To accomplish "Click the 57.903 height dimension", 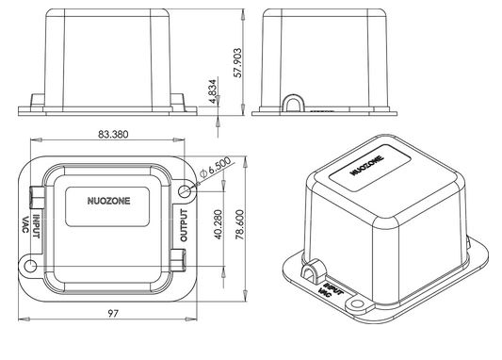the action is click(x=237, y=62).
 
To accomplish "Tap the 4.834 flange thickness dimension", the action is click(x=212, y=91).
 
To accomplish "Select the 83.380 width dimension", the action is click(x=113, y=134).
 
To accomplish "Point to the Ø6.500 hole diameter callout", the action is click(x=215, y=167).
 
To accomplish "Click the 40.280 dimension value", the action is click(x=218, y=224).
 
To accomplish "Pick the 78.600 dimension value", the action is click(x=240, y=224).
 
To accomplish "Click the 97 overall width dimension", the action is click(x=113, y=313).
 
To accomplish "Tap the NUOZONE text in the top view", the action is click(x=109, y=201).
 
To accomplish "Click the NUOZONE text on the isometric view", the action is click(x=367, y=166).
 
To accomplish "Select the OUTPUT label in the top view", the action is click(x=184, y=225).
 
